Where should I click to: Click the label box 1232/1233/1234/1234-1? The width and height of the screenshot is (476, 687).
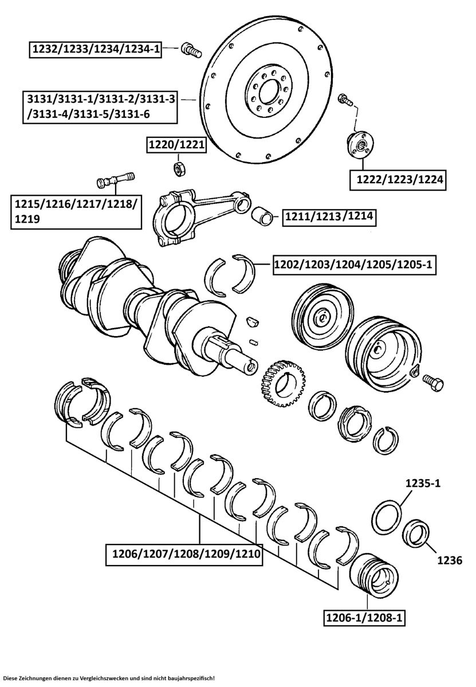(95, 50)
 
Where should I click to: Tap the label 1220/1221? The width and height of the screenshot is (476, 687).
(176, 146)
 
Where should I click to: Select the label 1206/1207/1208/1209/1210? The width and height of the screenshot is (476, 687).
(183, 554)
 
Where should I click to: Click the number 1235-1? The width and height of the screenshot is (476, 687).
(423, 483)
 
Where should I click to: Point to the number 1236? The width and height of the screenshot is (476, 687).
(450, 560)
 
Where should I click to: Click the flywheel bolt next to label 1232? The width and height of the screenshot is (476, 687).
(190, 50)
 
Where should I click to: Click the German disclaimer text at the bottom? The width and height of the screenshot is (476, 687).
(109, 678)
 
